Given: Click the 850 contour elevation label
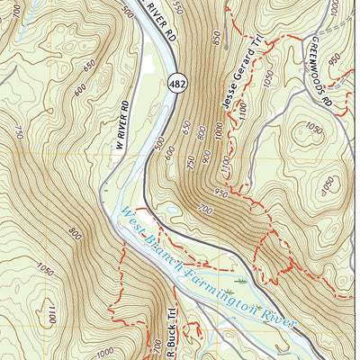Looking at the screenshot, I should [x=217, y=38].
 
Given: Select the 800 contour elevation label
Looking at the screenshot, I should [x=75, y=236].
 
